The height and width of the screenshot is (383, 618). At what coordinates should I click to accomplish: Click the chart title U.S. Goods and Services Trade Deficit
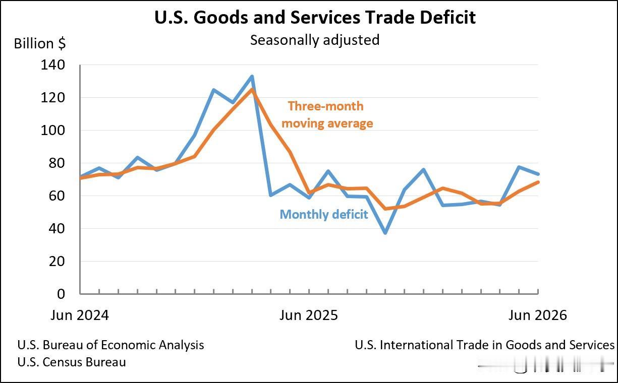pos(315,17)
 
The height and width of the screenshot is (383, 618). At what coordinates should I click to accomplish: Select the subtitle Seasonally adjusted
pos(315,40)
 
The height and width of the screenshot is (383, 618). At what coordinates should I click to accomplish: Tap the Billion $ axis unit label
pos(40,43)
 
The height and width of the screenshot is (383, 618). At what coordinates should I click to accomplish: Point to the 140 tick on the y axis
pos(52,65)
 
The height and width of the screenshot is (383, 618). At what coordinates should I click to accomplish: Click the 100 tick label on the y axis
pos(52,131)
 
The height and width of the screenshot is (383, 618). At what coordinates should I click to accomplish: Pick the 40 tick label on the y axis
pos(57,229)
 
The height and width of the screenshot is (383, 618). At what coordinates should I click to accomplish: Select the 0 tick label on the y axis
pos(61,294)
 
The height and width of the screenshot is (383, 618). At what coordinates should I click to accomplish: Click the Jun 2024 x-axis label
pos(80,315)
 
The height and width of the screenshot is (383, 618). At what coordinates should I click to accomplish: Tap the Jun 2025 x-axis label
pos(308,315)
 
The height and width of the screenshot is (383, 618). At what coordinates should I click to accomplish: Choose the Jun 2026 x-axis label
pos(537,315)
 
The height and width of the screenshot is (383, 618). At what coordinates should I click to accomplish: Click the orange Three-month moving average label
pos(327,114)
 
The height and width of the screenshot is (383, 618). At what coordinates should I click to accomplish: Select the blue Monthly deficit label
pos(324,214)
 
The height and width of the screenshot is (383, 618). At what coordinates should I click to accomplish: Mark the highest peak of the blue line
pos(252,76)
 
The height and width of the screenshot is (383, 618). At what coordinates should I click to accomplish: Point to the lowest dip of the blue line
pos(385,233)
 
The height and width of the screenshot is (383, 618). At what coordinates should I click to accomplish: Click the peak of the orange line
pos(252,89)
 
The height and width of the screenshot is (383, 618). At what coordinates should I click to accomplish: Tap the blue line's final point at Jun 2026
pos(538,174)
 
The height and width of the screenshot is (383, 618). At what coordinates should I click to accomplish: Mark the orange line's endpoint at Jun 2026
pos(538,182)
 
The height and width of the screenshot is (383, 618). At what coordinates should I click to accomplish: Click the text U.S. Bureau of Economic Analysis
pos(110,345)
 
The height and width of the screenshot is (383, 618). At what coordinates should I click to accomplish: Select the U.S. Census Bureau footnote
pos(72,362)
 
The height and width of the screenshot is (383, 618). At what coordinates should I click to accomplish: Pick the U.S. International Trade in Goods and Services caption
pos(485,345)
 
